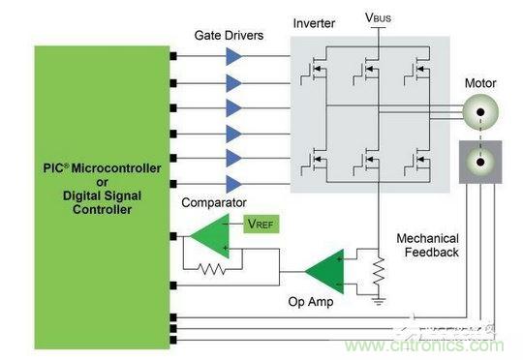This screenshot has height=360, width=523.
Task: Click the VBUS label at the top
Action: [x=378, y=17]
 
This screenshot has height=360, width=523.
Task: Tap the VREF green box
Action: [x=261, y=224]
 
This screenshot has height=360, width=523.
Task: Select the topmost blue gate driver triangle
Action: [x=234, y=57]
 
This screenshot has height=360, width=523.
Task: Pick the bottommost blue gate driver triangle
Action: [x=234, y=184]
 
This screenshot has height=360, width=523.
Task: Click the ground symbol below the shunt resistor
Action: [x=379, y=301]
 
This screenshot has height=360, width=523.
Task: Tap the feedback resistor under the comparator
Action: [x=212, y=269]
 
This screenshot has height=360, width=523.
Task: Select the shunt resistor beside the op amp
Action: [x=379, y=271]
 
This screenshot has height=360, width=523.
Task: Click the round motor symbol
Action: [x=480, y=112]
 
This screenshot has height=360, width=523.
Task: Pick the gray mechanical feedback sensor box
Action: [x=480, y=162]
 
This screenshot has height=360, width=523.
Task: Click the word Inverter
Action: [x=314, y=23]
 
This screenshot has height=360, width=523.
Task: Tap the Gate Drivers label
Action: [x=229, y=36]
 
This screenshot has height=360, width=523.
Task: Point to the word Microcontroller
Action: [x=116, y=168]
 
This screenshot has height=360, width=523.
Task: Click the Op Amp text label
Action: [x=311, y=302]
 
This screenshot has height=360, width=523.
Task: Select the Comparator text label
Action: [x=214, y=202]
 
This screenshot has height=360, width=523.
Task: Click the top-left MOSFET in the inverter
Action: [x=314, y=70]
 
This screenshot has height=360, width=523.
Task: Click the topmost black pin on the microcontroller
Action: [x=173, y=56]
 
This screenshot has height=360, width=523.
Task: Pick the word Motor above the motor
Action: [x=480, y=83]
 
